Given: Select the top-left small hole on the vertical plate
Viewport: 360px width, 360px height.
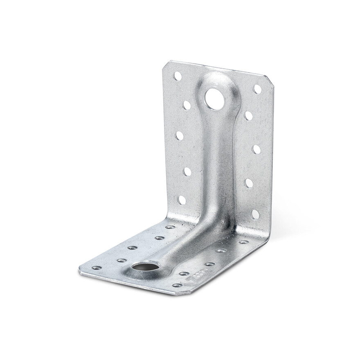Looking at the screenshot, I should pos(178,76).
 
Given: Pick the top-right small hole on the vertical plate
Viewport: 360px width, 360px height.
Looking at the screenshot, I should pos(257,89).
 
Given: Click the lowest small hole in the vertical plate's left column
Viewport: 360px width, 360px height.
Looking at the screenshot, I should pos(182,200).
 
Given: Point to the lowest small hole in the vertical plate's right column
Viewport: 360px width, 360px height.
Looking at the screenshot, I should pos(255,214).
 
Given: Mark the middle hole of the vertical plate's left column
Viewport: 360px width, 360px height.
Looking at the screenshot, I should pos(179,136).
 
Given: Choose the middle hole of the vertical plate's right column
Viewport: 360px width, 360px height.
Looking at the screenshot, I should pos(256,149).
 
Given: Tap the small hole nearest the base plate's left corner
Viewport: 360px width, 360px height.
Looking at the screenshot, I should pos(97,268).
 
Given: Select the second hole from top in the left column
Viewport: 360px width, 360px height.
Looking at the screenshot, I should pos(186,105).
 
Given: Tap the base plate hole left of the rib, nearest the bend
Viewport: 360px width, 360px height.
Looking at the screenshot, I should pos(170,227).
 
